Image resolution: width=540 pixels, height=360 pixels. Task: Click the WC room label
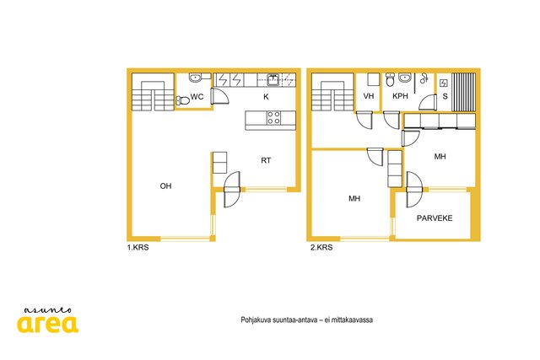click(197, 97)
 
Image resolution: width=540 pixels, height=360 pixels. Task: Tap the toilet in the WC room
click(183, 100)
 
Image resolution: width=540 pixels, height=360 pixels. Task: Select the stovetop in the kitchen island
click(273, 117)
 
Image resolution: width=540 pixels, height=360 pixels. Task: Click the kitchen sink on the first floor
click(273, 80)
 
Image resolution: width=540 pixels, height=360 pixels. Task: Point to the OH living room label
click(165, 185)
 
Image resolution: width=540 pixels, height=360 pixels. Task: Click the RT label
click(266, 160)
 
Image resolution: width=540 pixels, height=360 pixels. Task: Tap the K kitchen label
click(266, 97)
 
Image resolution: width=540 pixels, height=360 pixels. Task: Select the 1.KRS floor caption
click(138, 247)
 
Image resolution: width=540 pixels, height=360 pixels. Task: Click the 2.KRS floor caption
click(321, 247)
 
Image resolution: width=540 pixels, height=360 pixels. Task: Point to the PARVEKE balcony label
click(435, 218)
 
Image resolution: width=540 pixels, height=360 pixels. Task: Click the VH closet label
click(369, 96)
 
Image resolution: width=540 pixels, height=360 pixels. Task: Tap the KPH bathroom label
click(400, 96)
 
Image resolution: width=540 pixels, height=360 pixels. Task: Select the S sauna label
click(445, 96)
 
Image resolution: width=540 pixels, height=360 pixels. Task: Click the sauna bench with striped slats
click(463, 92)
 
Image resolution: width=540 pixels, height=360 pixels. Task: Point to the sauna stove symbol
click(444, 83)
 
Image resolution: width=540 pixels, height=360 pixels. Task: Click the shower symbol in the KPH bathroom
click(424, 78)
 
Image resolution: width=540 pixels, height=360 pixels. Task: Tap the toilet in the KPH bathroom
click(390, 80)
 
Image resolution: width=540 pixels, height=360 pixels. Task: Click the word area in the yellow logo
click(48, 324)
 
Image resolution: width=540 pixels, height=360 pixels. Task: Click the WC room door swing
click(219, 96)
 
